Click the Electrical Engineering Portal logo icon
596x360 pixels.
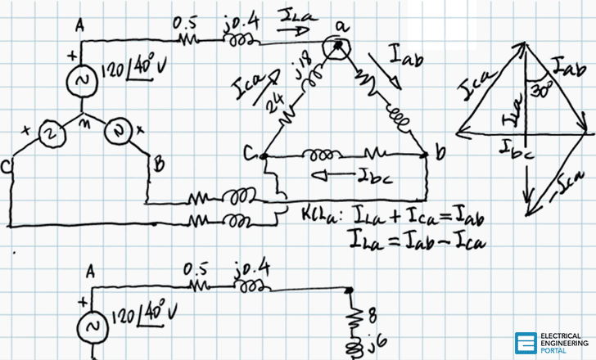click(x=525, y=343)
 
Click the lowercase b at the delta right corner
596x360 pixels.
click(x=440, y=153)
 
